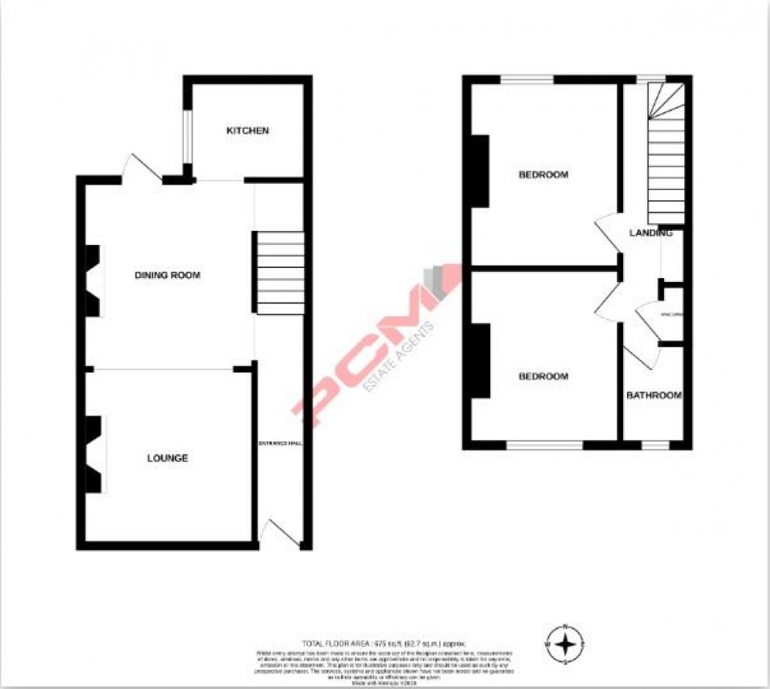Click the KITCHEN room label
click(x=247, y=130)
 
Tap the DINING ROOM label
click(x=167, y=276)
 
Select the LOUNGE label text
click(x=167, y=458)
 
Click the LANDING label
click(x=651, y=233)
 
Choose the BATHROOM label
click(x=653, y=395)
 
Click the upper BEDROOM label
click(x=543, y=174)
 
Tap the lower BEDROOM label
click(x=543, y=376)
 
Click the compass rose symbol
click(x=565, y=645)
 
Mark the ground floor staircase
click(x=280, y=273)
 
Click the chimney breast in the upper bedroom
click(x=479, y=170)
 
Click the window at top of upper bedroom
click(x=527, y=79)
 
